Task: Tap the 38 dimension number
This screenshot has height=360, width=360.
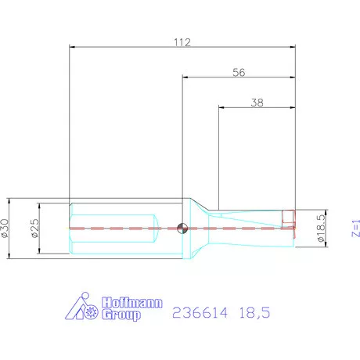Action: [255, 102]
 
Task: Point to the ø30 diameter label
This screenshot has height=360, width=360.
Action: [6, 228]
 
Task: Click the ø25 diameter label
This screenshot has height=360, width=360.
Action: [35, 228]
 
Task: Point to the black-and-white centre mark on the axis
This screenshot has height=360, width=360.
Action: [182, 228]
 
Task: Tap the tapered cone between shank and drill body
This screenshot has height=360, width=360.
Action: [200, 227]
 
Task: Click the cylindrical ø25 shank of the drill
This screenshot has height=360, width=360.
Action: [117, 228]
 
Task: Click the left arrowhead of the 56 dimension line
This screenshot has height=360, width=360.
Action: [185, 77]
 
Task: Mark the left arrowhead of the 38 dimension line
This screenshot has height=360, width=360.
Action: [220, 107]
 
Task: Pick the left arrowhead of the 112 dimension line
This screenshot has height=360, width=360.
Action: [73, 48]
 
